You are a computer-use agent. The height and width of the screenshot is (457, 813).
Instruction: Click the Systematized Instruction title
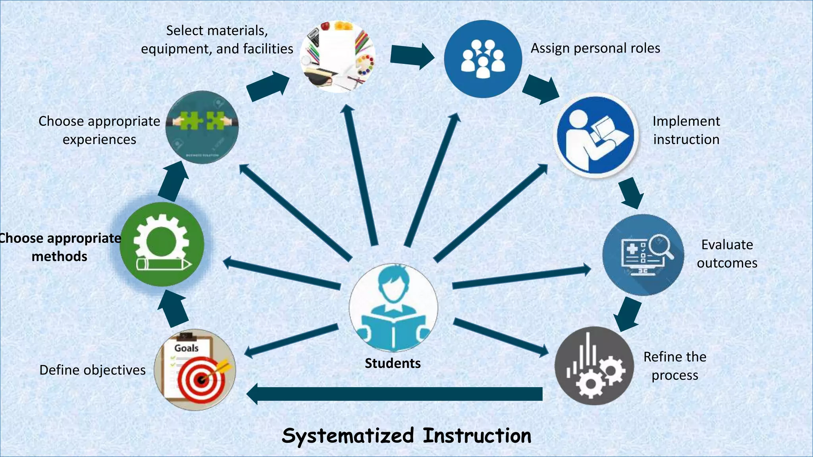[x=406, y=436]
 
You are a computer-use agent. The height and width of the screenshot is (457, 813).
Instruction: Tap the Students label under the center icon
[x=393, y=363]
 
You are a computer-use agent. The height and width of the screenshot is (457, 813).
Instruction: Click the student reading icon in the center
[x=393, y=307]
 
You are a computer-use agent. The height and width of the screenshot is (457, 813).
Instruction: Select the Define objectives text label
[x=92, y=370]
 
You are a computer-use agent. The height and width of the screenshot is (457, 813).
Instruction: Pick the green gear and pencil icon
[x=162, y=244]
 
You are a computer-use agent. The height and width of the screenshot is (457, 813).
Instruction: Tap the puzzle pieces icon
[x=202, y=127]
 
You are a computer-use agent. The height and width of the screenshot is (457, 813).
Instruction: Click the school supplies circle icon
[x=337, y=57]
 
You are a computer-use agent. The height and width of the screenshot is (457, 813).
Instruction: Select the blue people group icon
[x=483, y=59]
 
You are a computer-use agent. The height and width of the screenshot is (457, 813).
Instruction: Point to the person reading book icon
[x=596, y=136]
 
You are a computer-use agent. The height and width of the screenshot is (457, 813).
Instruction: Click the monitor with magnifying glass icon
[x=643, y=255]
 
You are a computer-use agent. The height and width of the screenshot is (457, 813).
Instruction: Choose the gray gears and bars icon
[x=594, y=366]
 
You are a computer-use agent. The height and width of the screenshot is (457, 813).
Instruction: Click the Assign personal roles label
[x=595, y=48]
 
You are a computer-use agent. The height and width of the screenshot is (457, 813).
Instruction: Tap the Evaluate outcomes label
[x=727, y=254]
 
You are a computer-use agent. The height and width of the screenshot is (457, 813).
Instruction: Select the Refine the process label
[x=675, y=366]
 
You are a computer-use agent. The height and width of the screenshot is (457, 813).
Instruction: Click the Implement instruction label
[x=686, y=130]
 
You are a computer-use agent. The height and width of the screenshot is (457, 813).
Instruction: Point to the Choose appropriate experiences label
[x=99, y=130]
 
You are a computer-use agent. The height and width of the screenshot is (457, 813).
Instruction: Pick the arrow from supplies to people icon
[x=411, y=56]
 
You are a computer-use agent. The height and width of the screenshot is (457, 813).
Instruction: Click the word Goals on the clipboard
[x=186, y=348]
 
